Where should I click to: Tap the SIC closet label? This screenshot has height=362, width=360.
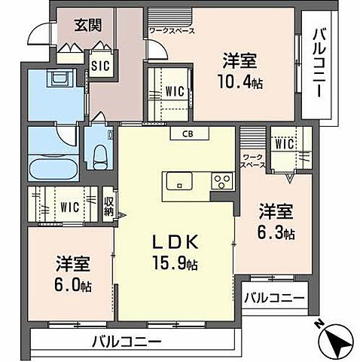pyautogui.click(x=99, y=66)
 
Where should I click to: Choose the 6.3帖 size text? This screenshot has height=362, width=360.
pyautogui.click(x=276, y=232)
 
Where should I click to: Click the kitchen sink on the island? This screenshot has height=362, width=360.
pyautogui.click(x=179, y=180)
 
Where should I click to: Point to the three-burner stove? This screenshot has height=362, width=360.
pyautogui.click(x=223, y=180)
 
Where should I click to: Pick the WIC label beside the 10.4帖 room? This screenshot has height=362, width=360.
pyautogui.click(x=175, y=90)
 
